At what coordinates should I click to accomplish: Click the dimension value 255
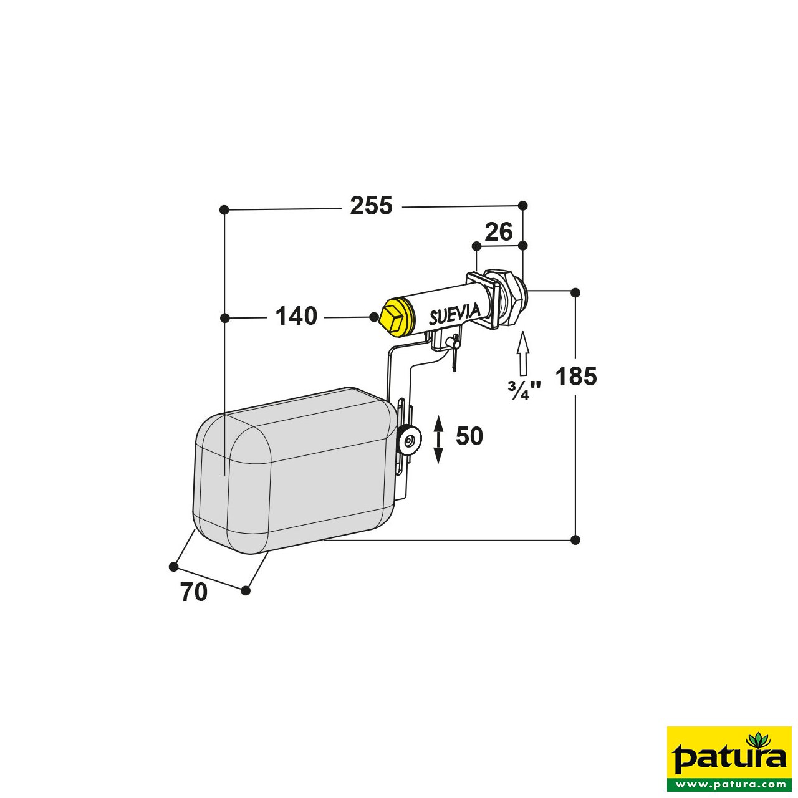[x=371, y=206]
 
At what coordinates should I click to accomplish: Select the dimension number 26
[x=499, y=232]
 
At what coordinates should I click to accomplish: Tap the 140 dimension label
[x=296, y=317]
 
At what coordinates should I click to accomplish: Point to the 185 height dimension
[x=576, y=377]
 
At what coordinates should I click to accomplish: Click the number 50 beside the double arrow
[x=469, y=436]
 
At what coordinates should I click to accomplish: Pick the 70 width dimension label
[x=194, y=592]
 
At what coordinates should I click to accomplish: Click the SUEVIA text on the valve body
[x=454, y=314]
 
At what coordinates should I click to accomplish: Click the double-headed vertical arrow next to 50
[x=438, y=440]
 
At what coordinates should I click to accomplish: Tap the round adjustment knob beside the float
[x=408, y=441]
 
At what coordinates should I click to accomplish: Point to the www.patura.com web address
[x=729, y=784]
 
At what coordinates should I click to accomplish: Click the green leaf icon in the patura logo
[x=759, y=741]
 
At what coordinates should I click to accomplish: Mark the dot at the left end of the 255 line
[x=225, y=209]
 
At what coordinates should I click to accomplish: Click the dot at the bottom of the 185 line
[x=575, y=539]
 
